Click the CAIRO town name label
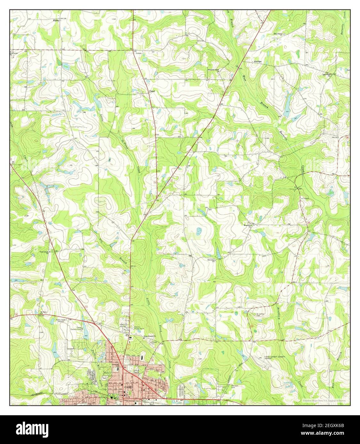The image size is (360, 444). (126, 387)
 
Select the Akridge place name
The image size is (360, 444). (257, 61)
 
